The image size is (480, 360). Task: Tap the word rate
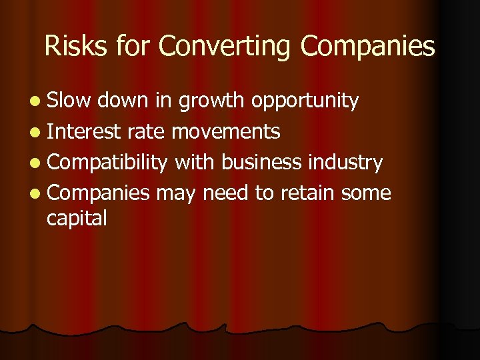point(146,132)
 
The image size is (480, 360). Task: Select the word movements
point(225,132)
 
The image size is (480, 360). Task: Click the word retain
point(308,193)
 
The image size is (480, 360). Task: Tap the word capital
point(77,218)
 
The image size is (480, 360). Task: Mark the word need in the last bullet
point(227,193)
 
